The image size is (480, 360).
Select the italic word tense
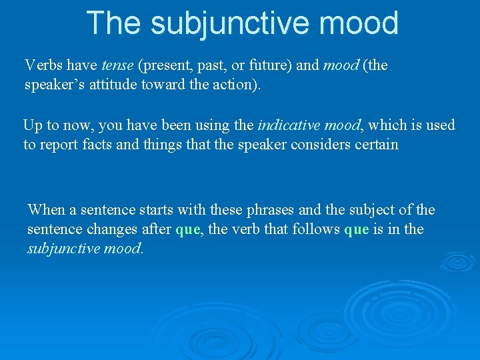117,65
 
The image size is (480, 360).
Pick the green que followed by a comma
187,230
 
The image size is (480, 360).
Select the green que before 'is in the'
357,230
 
